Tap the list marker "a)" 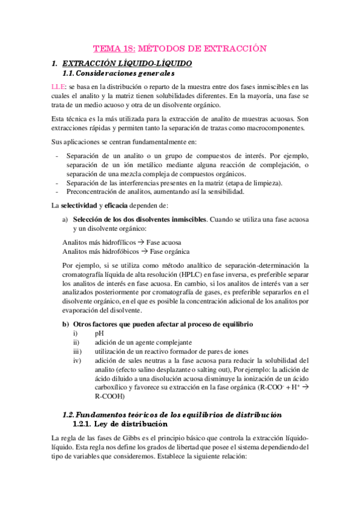(67, 220)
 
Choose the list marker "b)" (67, 324)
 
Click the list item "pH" (99, 333)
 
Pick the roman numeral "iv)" (76, 360)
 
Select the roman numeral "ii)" (75, 342)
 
